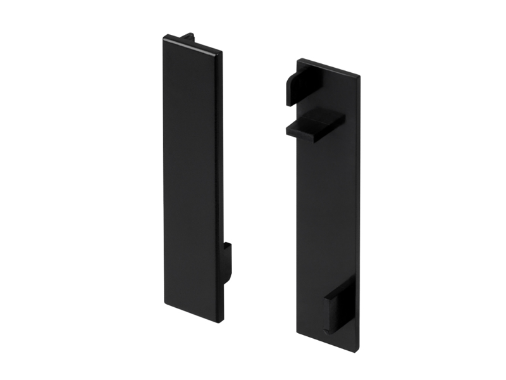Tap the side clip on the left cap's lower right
pos(226,262)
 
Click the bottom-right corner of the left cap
pos(221,321)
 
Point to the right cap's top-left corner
pos(298,61)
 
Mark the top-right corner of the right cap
pos(359,76)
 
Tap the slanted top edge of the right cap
pos(329,68)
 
